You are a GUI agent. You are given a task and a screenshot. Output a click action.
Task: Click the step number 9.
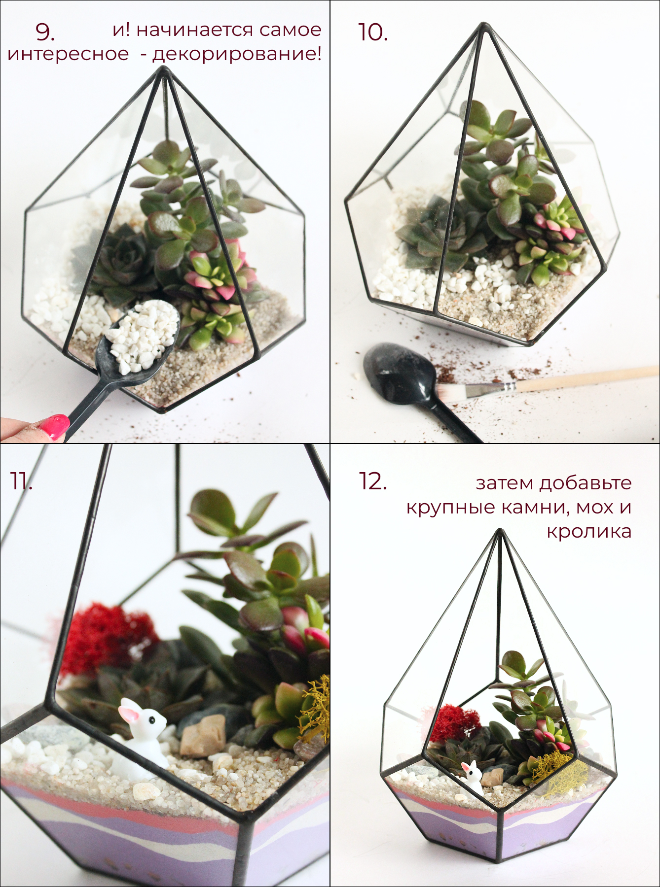coord(45,32)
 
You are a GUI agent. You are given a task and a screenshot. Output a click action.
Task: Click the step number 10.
coord(372,32)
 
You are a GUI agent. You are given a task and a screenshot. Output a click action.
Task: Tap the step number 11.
coord(21,481)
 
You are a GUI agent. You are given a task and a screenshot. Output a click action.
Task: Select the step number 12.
coord(372,481)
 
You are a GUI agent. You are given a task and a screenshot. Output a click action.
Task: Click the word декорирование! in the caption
coord(237,54)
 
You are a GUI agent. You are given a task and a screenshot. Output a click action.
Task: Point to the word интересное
coord(68,54)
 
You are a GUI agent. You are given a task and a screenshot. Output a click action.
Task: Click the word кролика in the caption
coord(589,532)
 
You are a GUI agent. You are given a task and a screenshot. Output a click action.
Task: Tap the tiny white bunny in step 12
coord(472,776)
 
